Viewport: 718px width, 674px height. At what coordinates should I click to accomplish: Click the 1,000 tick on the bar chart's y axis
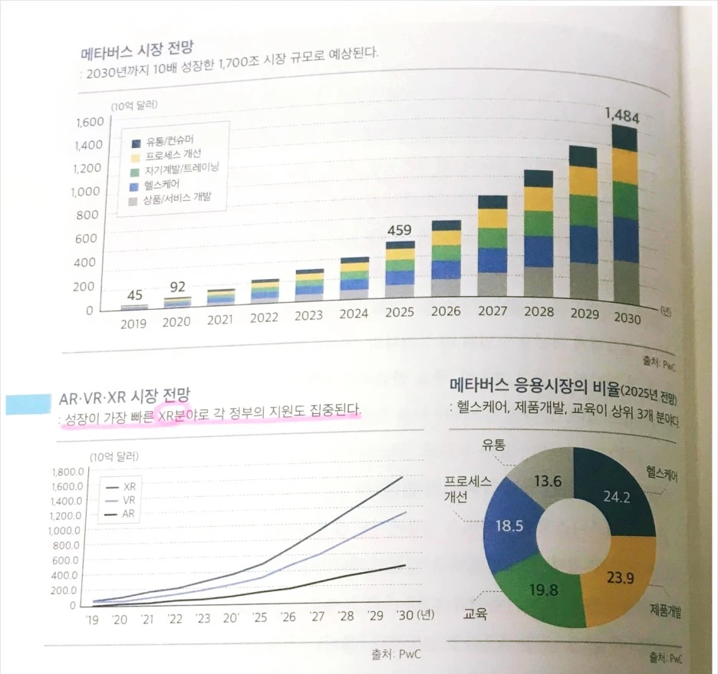(91, 192)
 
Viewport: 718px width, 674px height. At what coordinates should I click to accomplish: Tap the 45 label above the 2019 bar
(135, 294)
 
